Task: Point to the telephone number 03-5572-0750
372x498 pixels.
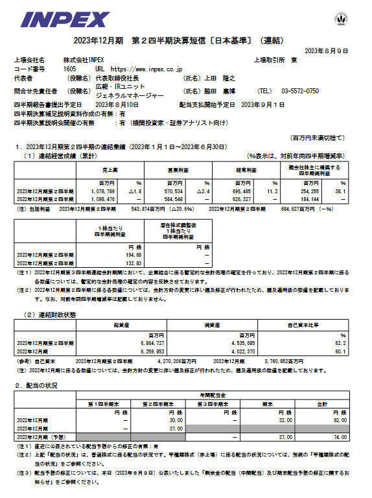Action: [302, 91]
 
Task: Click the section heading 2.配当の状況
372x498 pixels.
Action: [36, 385]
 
